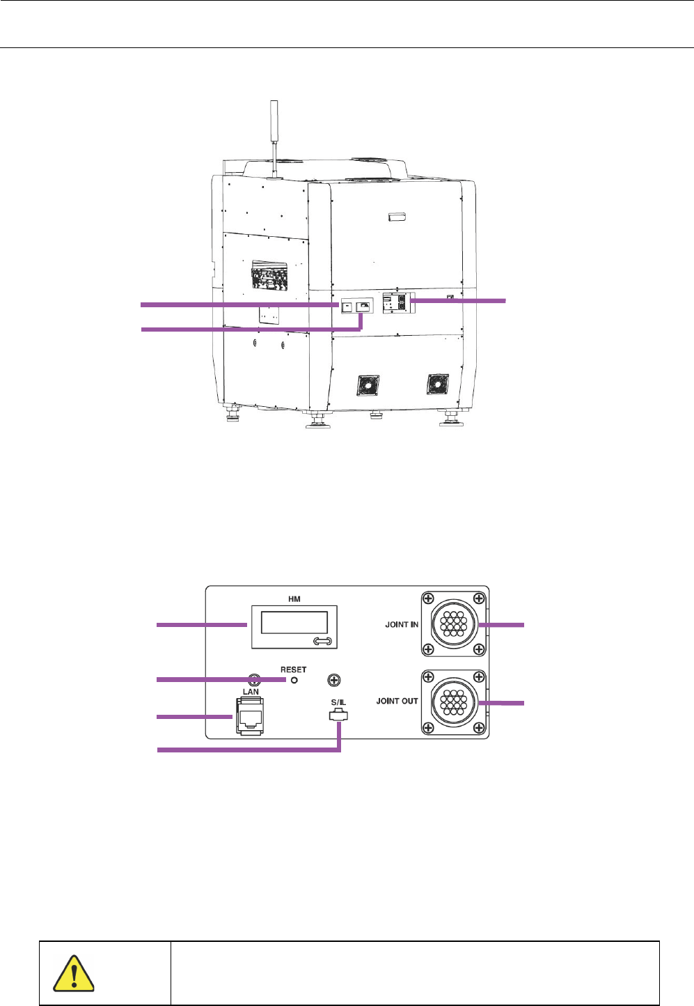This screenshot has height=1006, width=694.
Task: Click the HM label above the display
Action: pyautogui.click(x=294, y=598)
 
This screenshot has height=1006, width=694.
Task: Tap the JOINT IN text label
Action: pyautogui.click(x=402, y=624)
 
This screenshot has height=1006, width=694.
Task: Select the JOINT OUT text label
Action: pyautogui.click(x=397, y=701)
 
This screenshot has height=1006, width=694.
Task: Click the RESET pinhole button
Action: pyautogui.click(x=294, y=680)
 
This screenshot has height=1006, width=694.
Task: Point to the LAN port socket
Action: pyautogui.click(x=250, y=716)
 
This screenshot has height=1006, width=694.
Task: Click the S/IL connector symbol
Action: pyautogui.click(x=339, y=715)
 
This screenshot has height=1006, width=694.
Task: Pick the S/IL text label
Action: pyautogui.click(x=339, y=702)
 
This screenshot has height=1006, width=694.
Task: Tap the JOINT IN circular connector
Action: pyautogui.click(x=454, y=624)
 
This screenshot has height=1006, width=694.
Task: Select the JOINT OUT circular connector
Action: pyautogui.click(x=454, y=702)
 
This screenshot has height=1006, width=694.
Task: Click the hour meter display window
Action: pyautogui.click(x=294, y=622)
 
